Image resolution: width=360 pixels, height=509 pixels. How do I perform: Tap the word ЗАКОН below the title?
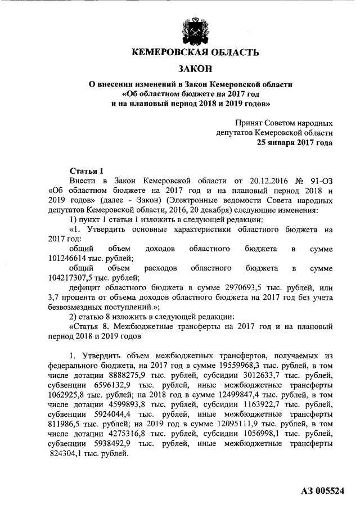pos(195,69)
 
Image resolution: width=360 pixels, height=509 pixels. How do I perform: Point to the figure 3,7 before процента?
pos(55,298)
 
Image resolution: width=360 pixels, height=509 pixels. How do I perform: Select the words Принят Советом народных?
pos(284,123)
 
